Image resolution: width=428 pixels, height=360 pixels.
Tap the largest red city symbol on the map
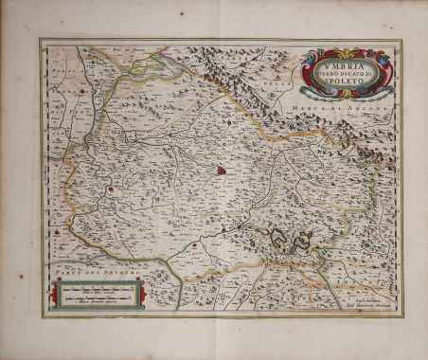click(x=222, y=171)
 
